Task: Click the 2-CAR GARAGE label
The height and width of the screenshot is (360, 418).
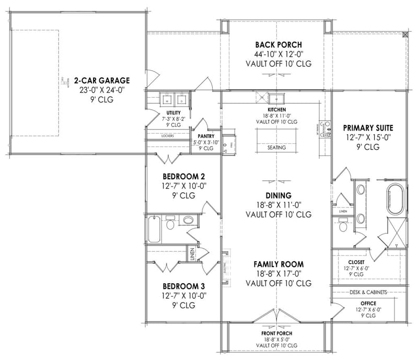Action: tap(101, 80)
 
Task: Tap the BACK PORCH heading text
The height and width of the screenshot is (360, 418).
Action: tap(277, 45)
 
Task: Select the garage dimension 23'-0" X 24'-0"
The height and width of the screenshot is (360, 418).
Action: tap(101, 90)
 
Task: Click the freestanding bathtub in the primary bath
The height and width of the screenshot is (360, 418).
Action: tap(396, 199)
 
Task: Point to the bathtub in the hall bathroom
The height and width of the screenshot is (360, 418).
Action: tap(154, 229)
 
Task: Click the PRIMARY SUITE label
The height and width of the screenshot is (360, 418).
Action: tap(368, 127)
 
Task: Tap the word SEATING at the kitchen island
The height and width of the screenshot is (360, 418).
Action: tap(276, 148)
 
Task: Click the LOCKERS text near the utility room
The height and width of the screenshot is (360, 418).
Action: tap(167, 136)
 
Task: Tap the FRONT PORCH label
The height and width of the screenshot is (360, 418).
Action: tap(277, 333)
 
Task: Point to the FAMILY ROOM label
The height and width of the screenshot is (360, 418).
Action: tap(278, 264)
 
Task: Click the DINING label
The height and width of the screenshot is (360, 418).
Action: tap(278, 195)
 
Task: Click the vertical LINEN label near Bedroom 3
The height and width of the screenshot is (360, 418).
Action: tap(192, 254)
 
